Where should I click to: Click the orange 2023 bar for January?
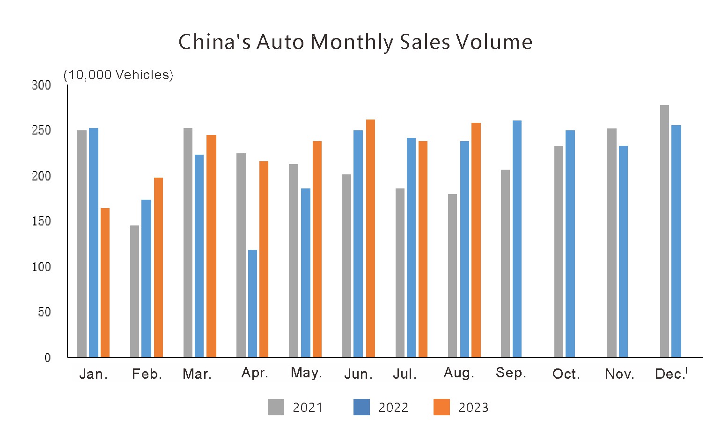(105, 283)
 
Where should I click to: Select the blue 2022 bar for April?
(252, 303)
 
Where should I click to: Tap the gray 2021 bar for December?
(664, 231)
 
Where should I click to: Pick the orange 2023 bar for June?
(370, 238)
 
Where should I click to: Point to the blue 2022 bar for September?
(517, 239)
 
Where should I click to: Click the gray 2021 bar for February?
(134, 291)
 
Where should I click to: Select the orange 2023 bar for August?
(476, 240)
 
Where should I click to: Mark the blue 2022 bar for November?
(623, 251)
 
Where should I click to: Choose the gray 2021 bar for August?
(452, 276)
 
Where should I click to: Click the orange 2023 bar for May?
(317, 249)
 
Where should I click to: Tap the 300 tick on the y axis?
(41, 85)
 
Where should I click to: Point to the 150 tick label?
(41, 221)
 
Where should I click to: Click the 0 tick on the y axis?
(47, 358)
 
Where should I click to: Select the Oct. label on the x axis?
(566, 374)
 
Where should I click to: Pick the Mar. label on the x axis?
(197, 374)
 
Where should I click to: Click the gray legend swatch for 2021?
(276, 407)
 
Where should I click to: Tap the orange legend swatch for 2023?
(441, 407)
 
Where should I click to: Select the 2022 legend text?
(393, 408)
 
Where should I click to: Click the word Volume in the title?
(494, 42)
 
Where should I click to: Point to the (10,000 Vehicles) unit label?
(118, 75)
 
